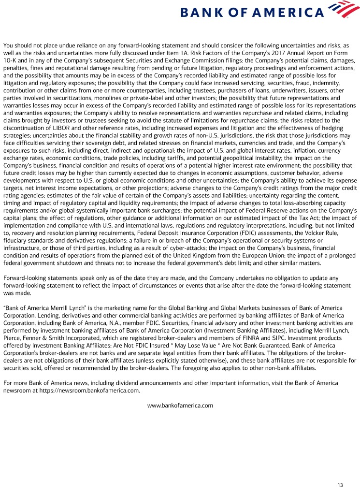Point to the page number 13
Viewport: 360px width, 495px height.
coord(340,485)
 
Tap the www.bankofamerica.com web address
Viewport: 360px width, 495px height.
coord(180,405)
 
